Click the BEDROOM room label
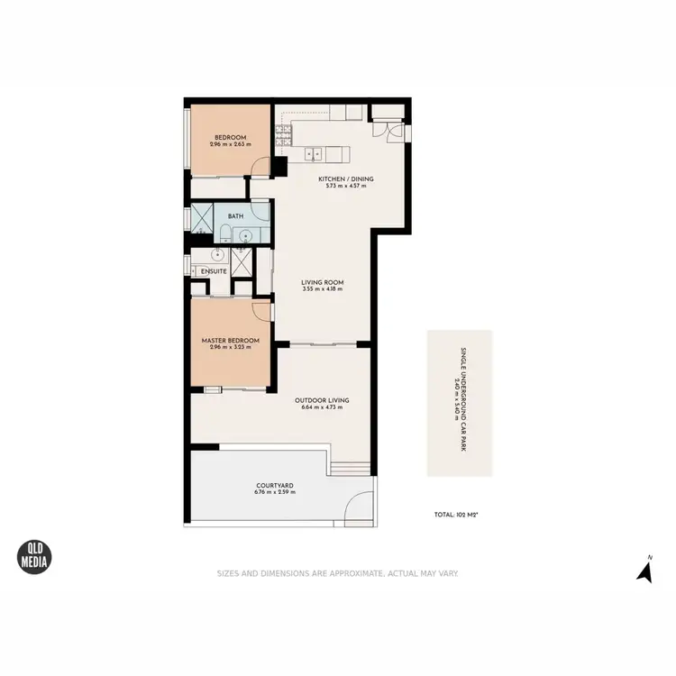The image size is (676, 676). (230, 138)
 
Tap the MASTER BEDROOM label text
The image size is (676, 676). (230, 340)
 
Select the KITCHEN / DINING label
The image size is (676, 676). (345, 178)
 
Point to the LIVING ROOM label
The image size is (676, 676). (322, 282)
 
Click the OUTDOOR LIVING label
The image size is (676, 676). (322, 400)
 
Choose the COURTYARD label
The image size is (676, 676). (274, 485)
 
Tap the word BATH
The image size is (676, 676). (235, 216)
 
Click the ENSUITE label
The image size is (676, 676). (214, 270)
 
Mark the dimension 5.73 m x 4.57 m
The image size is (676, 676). (345, 187)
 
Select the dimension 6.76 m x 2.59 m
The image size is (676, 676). (274, 493)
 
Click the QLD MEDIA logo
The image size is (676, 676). (35, 557)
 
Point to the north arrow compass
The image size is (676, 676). (644, 571)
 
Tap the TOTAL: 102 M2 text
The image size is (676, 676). (455, 515)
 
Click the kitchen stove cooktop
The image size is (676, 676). (284, 135)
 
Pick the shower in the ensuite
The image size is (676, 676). (241, 261)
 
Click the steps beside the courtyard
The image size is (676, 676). (350, 468)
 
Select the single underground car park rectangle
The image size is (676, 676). (460, 403)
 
